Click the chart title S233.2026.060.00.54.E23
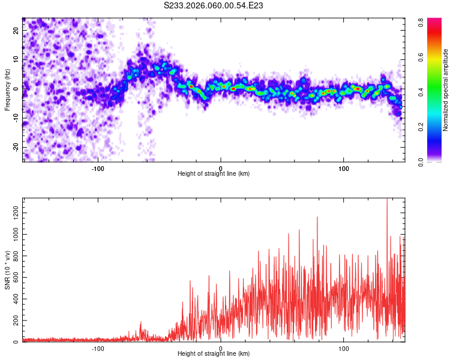tap(214, 5)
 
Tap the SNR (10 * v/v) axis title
tap(7, 269)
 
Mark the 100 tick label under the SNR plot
tap(344, 348)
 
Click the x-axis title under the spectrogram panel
tap(214, 174)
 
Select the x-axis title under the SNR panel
tap(214, 355)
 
